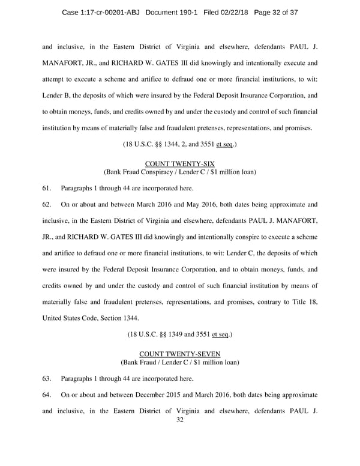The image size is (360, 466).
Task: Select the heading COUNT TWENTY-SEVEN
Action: coord(180,354)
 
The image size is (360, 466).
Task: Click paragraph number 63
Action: coord(47,379)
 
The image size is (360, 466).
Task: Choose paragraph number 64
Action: coord(47,395)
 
